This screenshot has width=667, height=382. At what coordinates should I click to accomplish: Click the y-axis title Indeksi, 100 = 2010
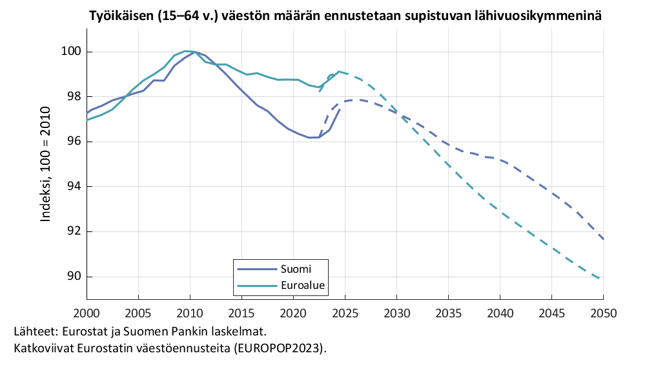(46, 165)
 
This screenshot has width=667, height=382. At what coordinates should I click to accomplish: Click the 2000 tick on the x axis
(87, 313)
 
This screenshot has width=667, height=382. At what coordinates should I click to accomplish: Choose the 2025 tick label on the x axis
(345, 313)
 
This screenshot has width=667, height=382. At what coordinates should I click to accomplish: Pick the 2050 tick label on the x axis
(603, 313)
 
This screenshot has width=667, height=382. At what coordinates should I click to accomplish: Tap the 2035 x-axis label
(448, 313)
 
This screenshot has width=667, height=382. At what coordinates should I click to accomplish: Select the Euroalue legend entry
(302, 285)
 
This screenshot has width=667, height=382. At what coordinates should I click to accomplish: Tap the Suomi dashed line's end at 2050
(602, 239)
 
